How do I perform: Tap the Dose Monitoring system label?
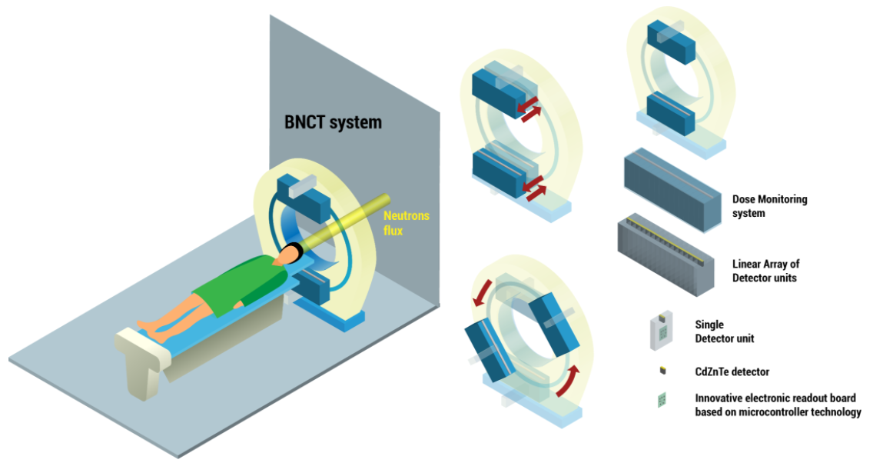coord(769,206)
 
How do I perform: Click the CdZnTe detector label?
coord(732,372)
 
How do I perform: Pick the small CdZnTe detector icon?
coord(661,371)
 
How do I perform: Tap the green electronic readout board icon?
coord(660,400)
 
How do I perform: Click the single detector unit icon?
coord(660,331)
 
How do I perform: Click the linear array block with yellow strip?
coord(669,255)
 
